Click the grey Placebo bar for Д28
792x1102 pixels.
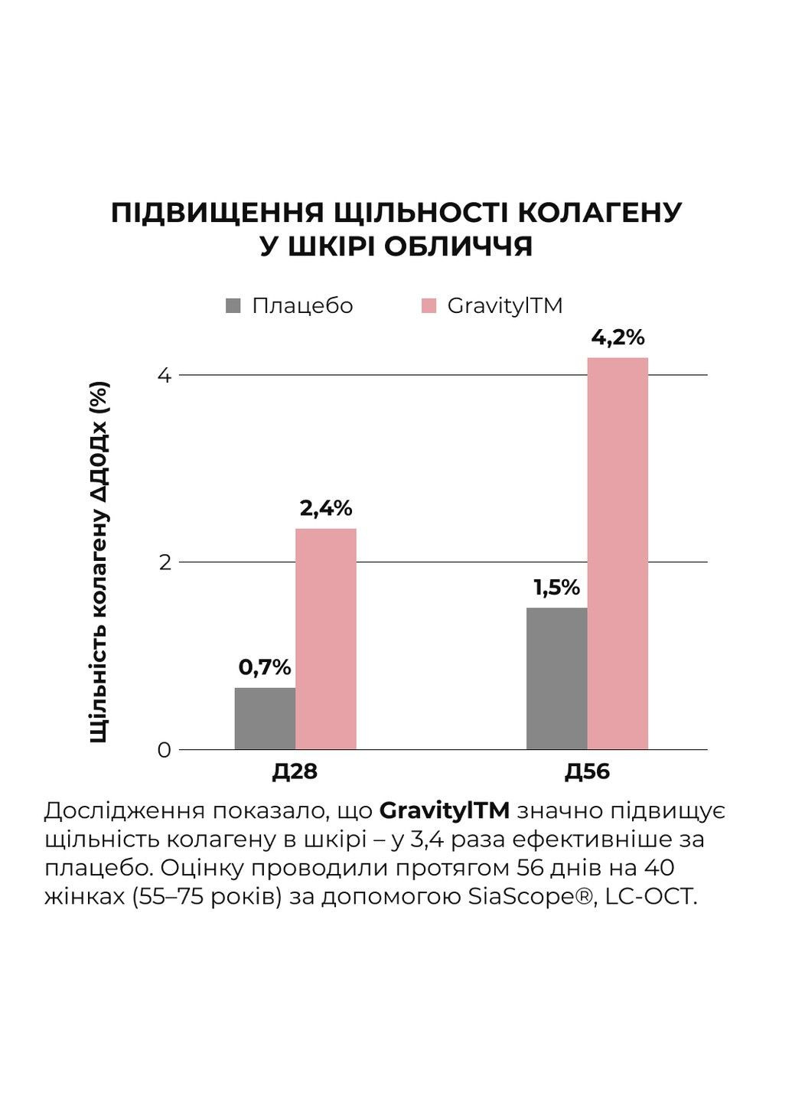click(265, 719)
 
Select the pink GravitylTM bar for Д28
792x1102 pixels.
click(326, 639)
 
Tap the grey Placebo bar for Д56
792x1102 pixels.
click(556, 679)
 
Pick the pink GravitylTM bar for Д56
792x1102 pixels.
click(618, 553)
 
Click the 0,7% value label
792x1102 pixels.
click(265, 667)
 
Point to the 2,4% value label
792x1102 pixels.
click(326, 508)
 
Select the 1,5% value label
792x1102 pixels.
click(556, 588)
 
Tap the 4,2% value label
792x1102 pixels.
click(618, 337)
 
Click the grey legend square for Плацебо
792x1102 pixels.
click(233, 306)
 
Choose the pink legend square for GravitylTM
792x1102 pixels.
click(429, 306)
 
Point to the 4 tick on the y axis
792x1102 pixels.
click(164, 376)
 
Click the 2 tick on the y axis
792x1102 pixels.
click(164, 562)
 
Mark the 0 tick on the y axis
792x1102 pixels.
click(164, 750)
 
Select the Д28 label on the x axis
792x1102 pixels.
click(295, 771)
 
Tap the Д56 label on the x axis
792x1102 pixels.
click(587, 771)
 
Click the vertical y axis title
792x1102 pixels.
click(99, 562)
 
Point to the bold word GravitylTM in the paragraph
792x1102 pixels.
click(445, 810)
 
